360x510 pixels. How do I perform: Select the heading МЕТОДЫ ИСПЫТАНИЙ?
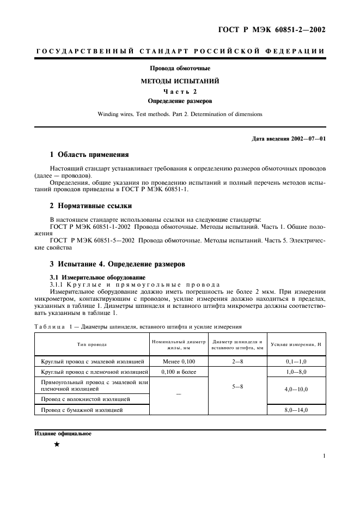click(180, 81)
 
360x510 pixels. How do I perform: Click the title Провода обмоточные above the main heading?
click(180, 69)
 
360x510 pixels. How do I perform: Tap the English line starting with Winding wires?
click(180, 114)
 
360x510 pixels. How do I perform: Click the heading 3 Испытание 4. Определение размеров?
click(118, 264)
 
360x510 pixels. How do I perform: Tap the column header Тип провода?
click(91, 344)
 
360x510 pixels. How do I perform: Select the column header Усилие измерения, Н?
click(296, 344)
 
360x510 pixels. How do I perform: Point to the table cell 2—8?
click(237, 361)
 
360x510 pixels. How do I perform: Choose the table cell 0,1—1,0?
click(296, 361)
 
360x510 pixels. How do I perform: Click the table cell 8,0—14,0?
click(296, 409)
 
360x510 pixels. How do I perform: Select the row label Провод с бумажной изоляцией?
click(82, 409)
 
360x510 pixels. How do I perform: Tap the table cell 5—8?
click(237, 386)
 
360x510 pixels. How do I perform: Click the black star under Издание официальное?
click(56, 445)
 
